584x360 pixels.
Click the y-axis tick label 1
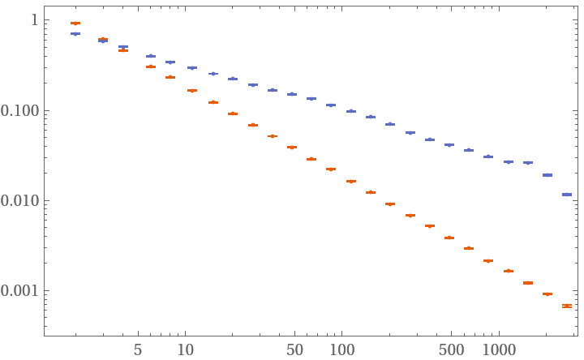34,20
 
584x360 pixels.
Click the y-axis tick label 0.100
22,110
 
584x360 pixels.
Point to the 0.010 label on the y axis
22,200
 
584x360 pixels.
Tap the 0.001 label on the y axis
22,290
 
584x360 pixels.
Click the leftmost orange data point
75,24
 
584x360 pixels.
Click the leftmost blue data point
75,34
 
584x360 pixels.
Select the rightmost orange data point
567,306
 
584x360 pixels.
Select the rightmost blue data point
567,195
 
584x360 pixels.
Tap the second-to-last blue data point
547,175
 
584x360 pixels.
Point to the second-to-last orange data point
547,294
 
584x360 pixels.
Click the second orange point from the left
103,39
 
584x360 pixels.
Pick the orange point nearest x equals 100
351,182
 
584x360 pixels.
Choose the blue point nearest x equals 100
351,111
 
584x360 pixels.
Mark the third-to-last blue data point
528,163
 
